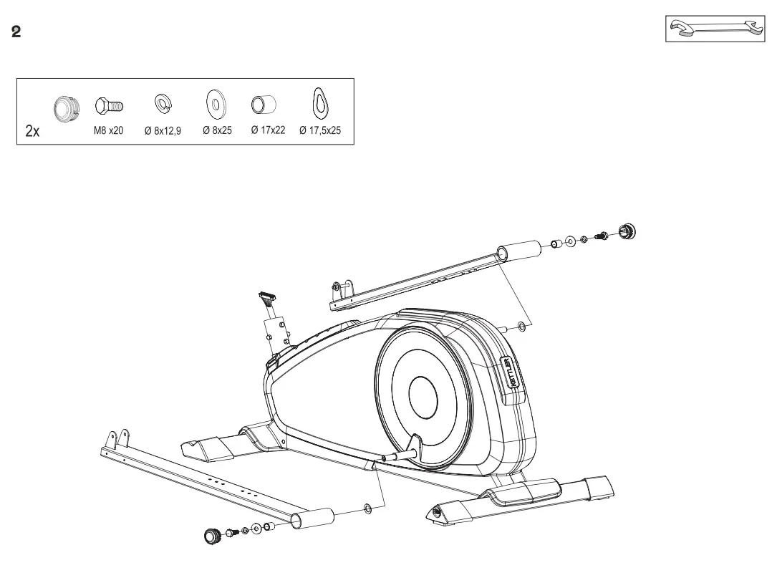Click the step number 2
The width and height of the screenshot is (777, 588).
click(x=16, y=33)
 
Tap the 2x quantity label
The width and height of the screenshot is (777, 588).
click(x=32, y=131)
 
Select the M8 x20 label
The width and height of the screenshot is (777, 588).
click(x=110, y=131)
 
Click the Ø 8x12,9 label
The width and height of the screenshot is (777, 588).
click(x=163, y=131)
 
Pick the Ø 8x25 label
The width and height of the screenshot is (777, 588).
click(x=217, y=131)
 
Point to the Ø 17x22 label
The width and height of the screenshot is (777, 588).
click(x=268, y=131)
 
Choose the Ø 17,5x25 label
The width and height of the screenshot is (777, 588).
click(x=320, y=131)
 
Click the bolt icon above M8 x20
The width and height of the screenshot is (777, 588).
click(x=110, y=106)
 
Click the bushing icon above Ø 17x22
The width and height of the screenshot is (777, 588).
click(x=264, y=105)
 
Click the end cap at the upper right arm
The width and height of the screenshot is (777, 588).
click(x=628, y=231)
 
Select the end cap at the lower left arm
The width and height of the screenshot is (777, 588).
click(x=211, y=536)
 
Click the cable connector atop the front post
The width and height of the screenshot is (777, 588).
click(x=266, y=297)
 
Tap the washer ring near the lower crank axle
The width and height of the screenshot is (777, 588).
click(x=367, y=509)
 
